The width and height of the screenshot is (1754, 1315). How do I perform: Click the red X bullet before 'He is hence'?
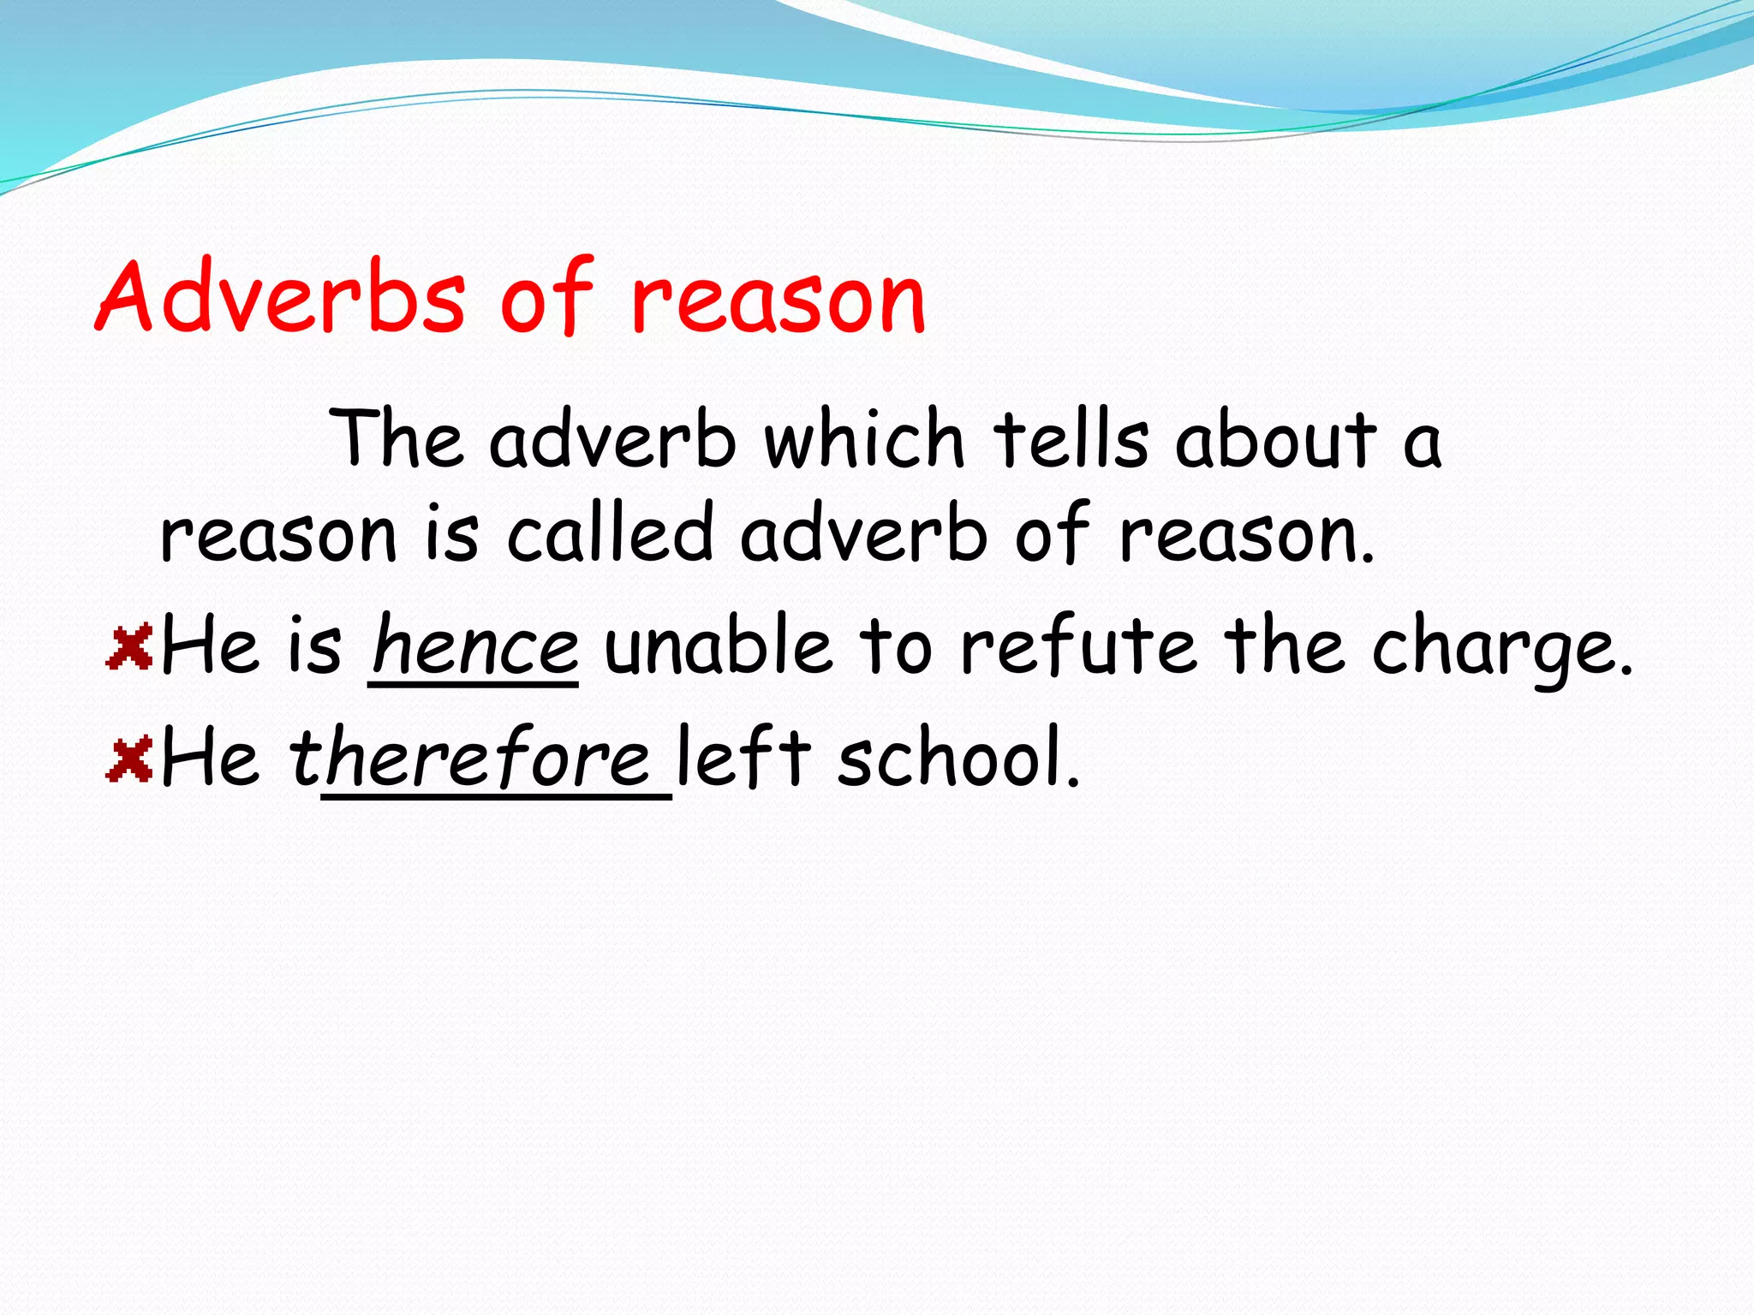[129, 646]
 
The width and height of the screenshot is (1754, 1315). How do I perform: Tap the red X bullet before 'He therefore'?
[129, 759]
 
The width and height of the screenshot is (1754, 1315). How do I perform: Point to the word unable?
[717, 646]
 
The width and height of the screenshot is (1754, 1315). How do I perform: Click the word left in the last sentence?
[743, 758]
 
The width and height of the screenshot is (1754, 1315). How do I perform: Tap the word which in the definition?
[864, 440]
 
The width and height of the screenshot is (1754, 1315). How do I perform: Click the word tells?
[1071, 440]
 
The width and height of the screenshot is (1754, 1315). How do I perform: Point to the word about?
[1275, 440]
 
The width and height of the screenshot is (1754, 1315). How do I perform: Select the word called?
[610, 535]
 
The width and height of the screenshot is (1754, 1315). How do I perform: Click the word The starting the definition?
[398, 440]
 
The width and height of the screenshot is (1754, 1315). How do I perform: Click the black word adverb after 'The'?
[612, 440]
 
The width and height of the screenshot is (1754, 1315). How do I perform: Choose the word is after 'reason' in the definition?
[452, 535]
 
